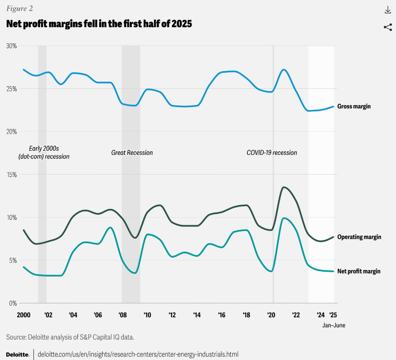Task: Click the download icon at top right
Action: (387, 10)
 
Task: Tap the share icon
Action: (387, 27)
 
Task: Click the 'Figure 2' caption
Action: (19, 9)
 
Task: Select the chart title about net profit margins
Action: (99, 24)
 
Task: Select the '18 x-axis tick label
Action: (247, 315)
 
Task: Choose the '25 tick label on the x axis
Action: (333, 315)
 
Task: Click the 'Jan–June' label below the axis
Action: (334, 325)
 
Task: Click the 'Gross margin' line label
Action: (354, 106)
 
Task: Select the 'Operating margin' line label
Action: (359, 237)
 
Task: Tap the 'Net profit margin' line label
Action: (359, 271)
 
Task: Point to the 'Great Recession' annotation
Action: (132, 153)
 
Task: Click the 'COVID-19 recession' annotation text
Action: (272, 153)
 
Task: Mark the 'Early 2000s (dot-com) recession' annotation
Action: (44, 152)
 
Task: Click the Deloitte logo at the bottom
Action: (18, 354)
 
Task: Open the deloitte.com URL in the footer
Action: (138, 354)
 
